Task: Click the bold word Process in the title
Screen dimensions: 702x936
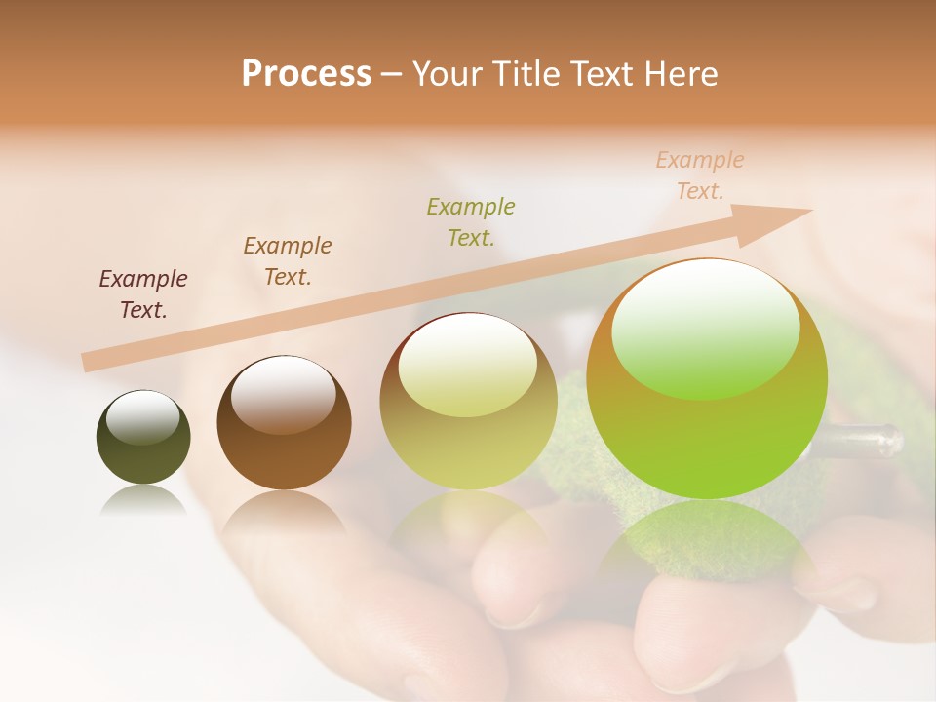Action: tap(306, 74)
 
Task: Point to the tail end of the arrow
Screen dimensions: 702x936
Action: tap(90, 362)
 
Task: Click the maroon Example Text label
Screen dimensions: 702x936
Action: tap(143, 294)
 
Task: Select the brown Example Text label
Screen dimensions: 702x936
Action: tap(288, 261)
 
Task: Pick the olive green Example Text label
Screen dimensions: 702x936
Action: tap(471, 221)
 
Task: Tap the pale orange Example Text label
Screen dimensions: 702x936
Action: tap(700, 175)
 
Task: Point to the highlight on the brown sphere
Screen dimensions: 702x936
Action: tap(283, 392)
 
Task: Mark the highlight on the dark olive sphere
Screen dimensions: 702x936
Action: tap(143, 417)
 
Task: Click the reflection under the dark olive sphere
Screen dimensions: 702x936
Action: tap(143, 501)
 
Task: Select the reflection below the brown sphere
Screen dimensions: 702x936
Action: tap(283, 512)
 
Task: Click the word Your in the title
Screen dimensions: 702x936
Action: tap(447, 74)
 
